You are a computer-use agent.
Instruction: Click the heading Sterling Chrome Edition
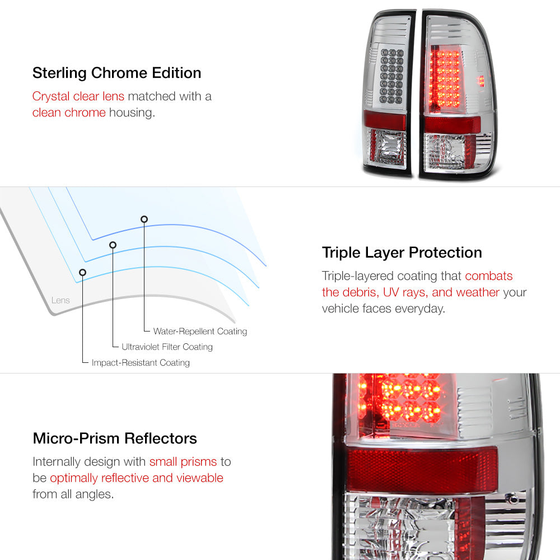tap(117, 73)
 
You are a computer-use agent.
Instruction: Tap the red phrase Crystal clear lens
tap(78, 96)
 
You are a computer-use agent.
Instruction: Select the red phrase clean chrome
tap(69, 113)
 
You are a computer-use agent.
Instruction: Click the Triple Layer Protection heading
tap(402, 253)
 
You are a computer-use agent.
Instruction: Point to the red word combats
tap(488, 276)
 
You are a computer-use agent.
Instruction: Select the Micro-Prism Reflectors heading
tap(115, 438)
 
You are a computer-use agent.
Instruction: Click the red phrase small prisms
tap(183, 462)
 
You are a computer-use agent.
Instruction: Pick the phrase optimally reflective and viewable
tap(137, 478)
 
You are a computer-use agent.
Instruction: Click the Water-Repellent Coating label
tap(200, 332)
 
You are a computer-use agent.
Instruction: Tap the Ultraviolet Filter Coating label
tap(167, 347)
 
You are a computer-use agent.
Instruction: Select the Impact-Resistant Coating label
tap(141, 362)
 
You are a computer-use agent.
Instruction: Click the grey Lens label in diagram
tap(60, 300)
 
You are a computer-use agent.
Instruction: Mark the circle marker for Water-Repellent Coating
tap(144, 220)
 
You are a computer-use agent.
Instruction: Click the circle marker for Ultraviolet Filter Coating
tap(113, 245)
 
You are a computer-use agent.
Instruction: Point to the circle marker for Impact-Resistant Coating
tap(82, 273)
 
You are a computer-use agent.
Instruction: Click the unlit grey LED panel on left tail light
tap(391, 76)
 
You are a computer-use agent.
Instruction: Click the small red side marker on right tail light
tap(482, 81)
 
